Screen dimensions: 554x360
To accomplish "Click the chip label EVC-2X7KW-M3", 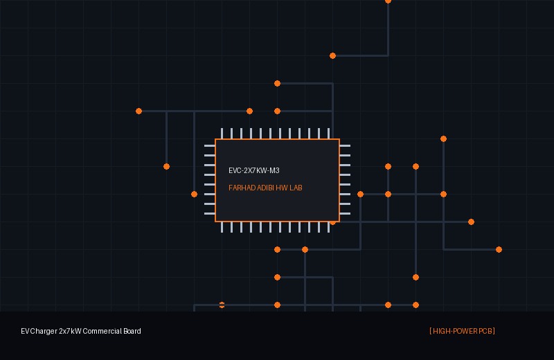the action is click(x=254, y=170).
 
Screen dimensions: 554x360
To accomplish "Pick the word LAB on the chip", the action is click(x=296, y=188).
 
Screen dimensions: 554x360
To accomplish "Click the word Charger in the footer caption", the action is click(x=44, y=332).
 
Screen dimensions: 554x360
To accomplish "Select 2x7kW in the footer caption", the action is click(x=70, y=332).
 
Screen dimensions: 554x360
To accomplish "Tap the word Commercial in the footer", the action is click(x=102, y=332).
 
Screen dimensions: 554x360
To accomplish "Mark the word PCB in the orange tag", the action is click(x=485, y=332).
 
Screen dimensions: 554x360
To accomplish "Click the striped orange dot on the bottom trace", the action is click(x=222, y=305).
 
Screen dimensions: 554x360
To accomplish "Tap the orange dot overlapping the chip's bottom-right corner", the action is click(x=332, y=222).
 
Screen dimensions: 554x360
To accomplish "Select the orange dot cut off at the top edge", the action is click(x=388, y=1).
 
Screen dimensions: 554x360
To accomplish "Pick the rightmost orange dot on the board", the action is click(x=499, y=250).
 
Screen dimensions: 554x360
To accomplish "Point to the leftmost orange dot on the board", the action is click(x=139, y=111).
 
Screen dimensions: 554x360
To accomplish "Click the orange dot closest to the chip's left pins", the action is click(x=194, y=195).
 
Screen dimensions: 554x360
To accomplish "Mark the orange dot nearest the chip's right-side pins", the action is click(x=360, y=195).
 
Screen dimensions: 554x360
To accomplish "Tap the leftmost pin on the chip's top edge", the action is click(x=222, y=134).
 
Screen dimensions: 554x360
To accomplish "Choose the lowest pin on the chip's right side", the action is click(x=345, y=214).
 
